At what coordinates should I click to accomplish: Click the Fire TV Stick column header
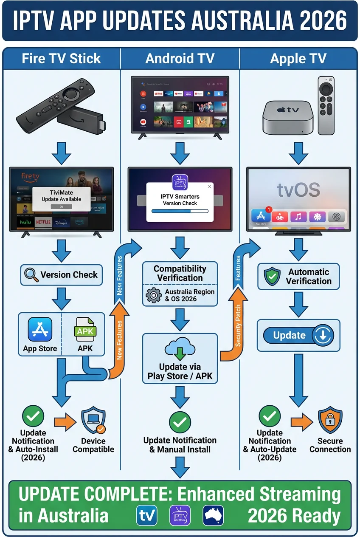62,58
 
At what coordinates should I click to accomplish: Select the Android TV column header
180,58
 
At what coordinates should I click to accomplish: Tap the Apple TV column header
298,58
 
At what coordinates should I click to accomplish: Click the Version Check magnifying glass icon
31,275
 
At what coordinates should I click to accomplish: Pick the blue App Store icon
40,330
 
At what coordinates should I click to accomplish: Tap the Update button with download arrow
298,336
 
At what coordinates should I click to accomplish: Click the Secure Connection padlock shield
330,421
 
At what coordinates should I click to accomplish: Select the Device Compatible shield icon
93,421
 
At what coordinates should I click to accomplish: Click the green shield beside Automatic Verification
272,277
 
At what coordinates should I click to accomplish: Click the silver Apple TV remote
326,105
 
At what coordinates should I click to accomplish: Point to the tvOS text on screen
298,189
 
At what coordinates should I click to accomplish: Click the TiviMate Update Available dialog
61,199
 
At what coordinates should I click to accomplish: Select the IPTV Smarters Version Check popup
180,202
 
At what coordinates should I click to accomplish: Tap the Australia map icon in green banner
213,516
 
